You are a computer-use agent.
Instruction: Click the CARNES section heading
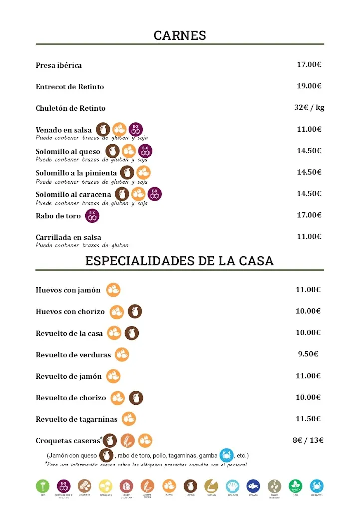pos(180,35)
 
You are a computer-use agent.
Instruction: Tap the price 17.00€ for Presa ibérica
pos(309,64)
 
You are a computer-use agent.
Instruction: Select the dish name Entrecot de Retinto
pos(70,87)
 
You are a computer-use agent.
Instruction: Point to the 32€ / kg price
pos(309,107)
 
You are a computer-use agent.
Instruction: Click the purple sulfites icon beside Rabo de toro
pos(92,216)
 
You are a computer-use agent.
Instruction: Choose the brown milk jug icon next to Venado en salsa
pos(103,129)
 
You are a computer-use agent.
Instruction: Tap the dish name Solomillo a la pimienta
pos(76,173)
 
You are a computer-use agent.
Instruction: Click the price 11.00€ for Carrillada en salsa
pos(309,236)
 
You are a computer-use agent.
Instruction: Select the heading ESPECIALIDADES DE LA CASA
pos(180,261)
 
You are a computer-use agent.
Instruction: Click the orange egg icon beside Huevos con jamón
pos(113,290)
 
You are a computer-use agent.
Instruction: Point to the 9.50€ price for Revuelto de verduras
pos(308,354)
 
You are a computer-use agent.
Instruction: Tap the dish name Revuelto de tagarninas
pos(77,419)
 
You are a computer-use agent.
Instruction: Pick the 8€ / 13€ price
pos(308,440)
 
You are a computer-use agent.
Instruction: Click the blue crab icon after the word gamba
pos(227,455)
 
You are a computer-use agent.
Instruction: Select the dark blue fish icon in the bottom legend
pos(253,486)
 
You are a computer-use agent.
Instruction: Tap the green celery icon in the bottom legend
pos(43,486)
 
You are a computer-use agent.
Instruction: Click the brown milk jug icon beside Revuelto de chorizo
pos(136,398)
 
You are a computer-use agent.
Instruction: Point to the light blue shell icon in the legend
pos(232,486)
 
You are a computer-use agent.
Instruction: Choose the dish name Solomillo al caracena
pos(73,194)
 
